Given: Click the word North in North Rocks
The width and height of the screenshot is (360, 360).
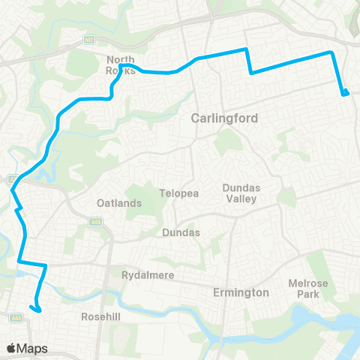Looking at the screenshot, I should coord(120,60).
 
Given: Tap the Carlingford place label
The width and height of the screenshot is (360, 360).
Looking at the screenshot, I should coord(224,118).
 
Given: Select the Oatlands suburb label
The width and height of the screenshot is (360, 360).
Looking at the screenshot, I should coord(118,203).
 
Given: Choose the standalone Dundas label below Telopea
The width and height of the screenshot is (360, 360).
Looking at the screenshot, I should coord(181,232).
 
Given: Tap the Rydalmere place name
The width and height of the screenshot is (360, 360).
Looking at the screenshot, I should coord(148,275).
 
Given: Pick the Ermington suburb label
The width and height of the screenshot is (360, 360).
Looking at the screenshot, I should coord(241,292).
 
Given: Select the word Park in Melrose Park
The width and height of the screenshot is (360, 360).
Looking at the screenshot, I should coord(309,294).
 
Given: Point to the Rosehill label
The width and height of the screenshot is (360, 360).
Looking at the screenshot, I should coord(101,317).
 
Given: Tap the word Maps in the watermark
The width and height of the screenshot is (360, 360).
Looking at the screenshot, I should coord(34,348).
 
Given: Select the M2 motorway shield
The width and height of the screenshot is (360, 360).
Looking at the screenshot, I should coord(88,38).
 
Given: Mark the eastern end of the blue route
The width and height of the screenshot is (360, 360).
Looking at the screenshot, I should coord(346,94).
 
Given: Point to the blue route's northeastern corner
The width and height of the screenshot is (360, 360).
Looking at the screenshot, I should coord(331,52).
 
